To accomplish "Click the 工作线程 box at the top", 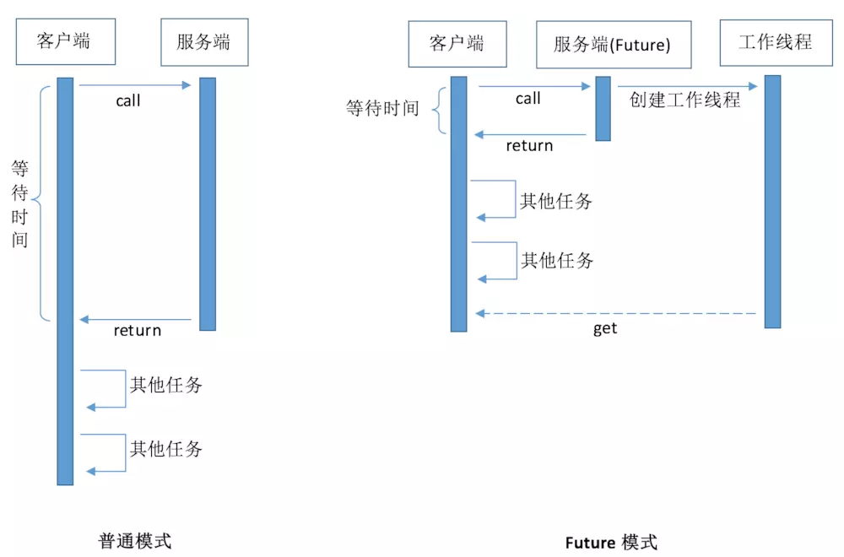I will coord(775,42).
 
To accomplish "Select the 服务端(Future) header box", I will coord(612,45).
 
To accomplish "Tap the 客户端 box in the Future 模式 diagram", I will coord(457,43).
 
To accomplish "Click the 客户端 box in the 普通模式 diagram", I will coord(64,41).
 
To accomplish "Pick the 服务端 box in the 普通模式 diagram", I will coord(203,42).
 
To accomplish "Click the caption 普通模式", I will coord(135,541).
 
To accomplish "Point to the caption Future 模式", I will coord(611,543).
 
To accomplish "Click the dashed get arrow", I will coord(616,313).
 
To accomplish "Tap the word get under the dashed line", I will coord(605,329).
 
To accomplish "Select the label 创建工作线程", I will coord(684,100).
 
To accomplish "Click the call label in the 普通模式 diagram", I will coord(128,101).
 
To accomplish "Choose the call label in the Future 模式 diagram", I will coord(527,99).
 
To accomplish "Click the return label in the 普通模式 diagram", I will coord(138,330).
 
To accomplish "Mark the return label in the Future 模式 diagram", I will coord(529,146).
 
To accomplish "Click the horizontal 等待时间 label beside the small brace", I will coord(382,109).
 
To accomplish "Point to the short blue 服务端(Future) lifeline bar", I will coord(603,108).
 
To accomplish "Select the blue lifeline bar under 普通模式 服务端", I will coord(208,203).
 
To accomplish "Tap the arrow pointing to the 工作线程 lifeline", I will coord(687,85).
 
